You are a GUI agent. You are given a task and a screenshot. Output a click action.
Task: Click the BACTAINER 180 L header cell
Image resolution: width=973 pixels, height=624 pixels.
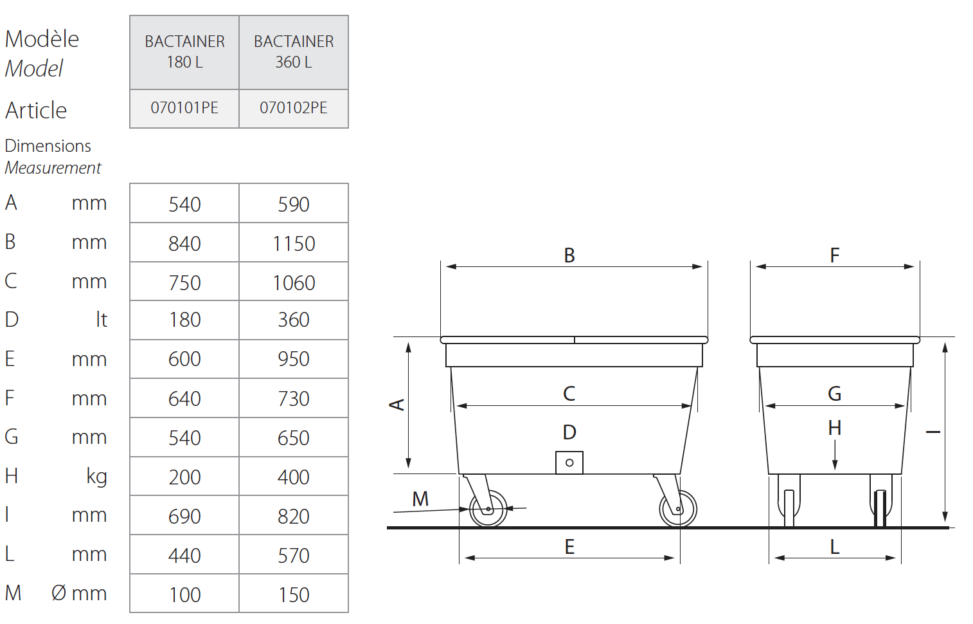184,52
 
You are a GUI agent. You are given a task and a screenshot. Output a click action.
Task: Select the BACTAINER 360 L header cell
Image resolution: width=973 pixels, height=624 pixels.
294,52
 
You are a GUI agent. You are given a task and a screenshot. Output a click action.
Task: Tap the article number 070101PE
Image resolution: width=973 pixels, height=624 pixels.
184,108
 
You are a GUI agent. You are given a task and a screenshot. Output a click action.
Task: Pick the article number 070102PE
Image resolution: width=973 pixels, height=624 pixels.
294,108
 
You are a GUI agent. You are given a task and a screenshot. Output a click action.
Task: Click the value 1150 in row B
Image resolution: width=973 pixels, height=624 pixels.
294,244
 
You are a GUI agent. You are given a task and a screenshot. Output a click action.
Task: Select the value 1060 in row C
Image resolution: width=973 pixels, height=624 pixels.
294,283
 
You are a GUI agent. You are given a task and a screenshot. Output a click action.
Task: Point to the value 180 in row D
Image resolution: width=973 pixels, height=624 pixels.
184,320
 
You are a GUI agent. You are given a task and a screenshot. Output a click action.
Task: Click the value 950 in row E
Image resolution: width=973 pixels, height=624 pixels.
294,359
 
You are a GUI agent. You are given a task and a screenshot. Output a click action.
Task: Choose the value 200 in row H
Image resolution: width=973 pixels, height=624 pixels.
184,477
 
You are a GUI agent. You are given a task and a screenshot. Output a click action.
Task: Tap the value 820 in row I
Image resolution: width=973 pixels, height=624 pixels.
294,517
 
